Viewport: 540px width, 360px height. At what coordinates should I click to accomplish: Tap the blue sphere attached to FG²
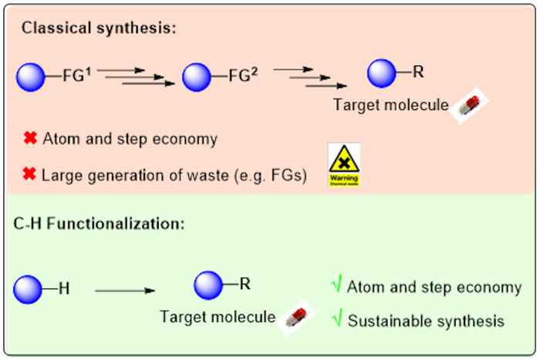(197, 79)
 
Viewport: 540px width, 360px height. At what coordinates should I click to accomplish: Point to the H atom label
(65, 289)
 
